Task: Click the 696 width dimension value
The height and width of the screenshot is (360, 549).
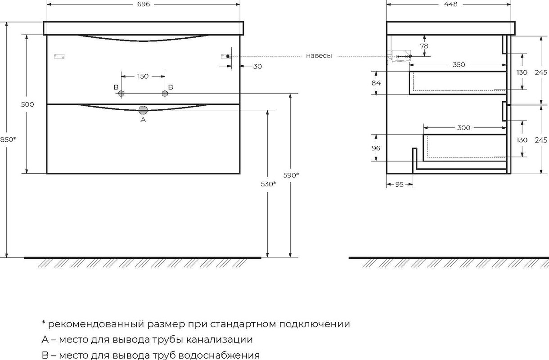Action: click(x=144, y=4)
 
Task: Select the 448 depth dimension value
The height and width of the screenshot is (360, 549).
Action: click(x=450, y=4)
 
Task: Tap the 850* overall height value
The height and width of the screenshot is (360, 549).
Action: click(x=8, y=139)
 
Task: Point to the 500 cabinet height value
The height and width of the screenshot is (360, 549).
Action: click(x=27, y=104)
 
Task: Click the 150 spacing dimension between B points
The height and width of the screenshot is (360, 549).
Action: click(x=143, y=76)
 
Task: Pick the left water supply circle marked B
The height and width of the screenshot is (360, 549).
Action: click(x=121, y=93)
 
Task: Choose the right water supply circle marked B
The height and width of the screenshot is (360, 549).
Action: click(x=165, y=93)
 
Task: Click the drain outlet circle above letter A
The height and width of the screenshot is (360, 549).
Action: click(x=143, y=110)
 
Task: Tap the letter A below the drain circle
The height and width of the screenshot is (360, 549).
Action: click(x=143, y=120)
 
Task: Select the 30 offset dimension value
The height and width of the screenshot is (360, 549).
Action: click(x=257, y=66)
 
